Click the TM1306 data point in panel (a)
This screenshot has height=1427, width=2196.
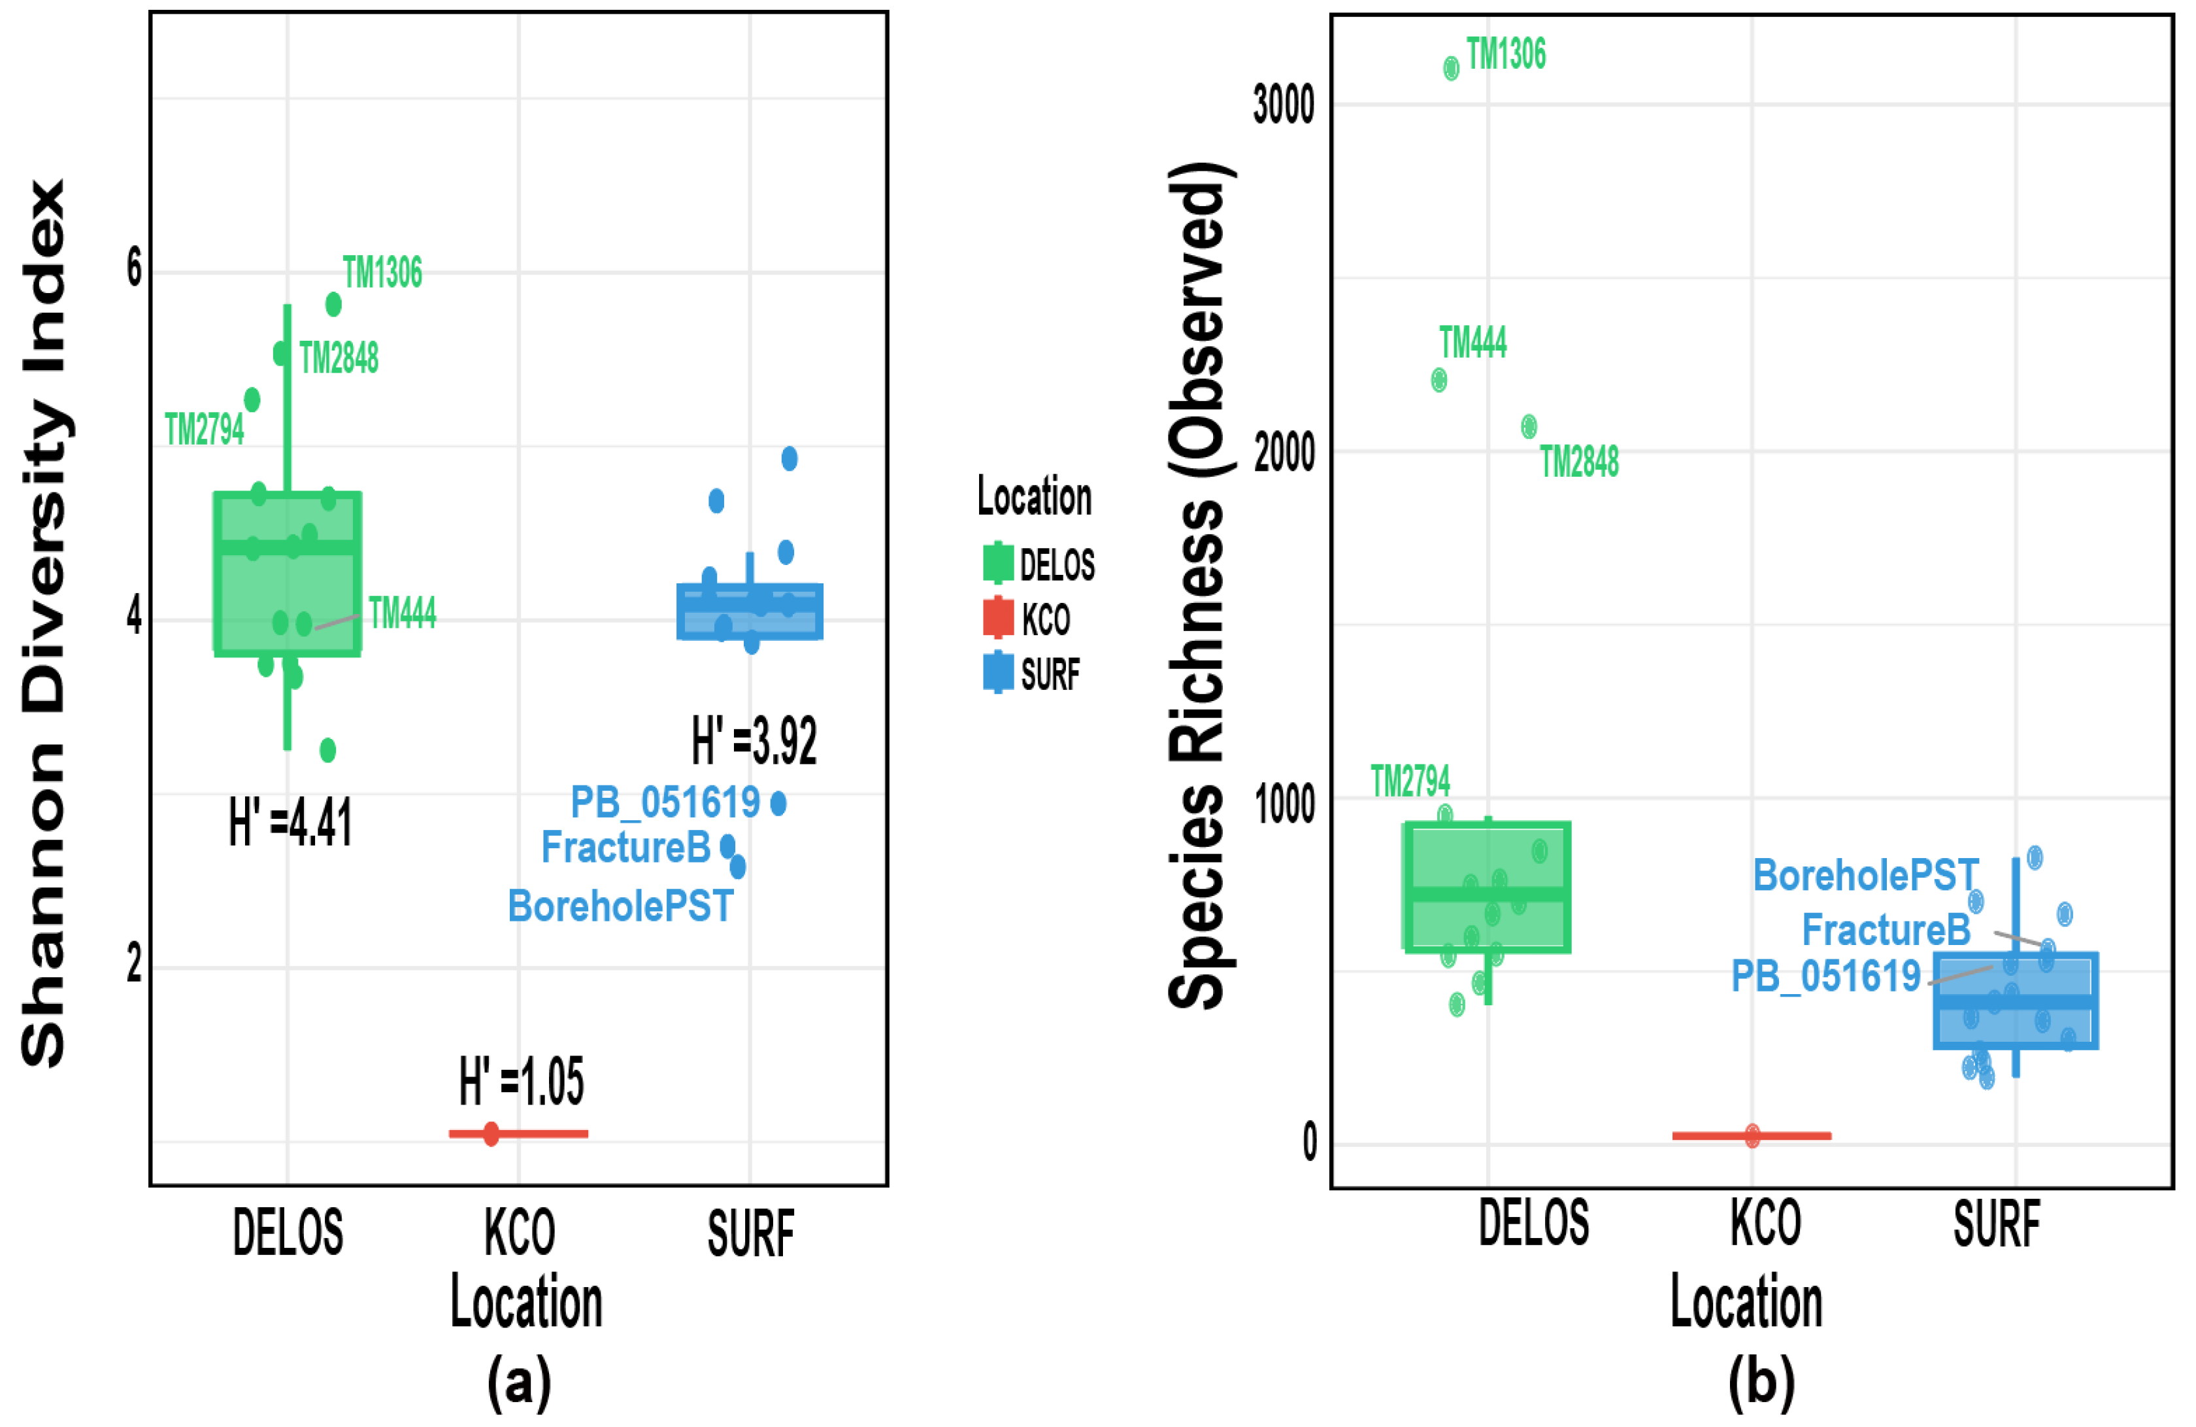point(333,303)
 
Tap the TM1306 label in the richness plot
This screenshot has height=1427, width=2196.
point(1505,54)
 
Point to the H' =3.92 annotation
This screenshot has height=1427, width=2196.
point(754,740)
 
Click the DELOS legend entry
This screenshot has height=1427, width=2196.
point(1039,564)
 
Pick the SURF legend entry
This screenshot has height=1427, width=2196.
point(1031,674)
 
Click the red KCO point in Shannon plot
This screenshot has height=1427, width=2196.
point(491,1133)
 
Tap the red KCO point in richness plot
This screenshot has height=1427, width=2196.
point(1752,1136)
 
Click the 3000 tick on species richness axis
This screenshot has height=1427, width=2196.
point(1282,104)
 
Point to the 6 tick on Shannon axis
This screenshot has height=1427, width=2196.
point(135,269)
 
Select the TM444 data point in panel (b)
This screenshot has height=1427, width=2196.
point(1439,379)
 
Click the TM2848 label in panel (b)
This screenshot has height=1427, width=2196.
point(1579,462)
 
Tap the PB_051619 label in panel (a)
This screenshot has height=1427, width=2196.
point(664,802)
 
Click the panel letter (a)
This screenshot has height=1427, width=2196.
point(520,1382)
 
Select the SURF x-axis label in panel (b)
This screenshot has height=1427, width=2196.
point(1997,1224)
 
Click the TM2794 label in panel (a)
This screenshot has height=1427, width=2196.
point(204,429)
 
